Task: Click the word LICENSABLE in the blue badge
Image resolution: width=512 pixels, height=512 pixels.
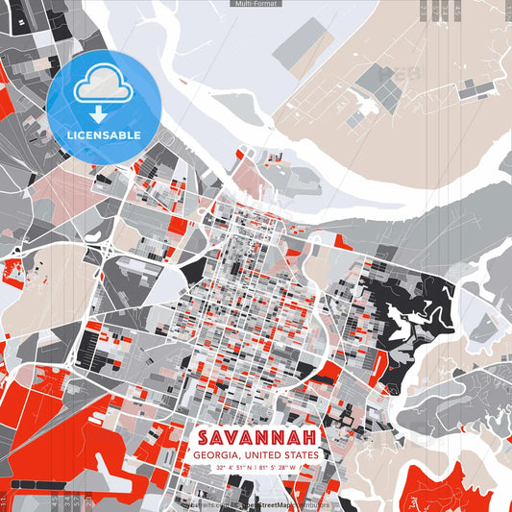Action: coord(104,134)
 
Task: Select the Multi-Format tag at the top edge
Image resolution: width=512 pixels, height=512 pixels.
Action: coord(256,4)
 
